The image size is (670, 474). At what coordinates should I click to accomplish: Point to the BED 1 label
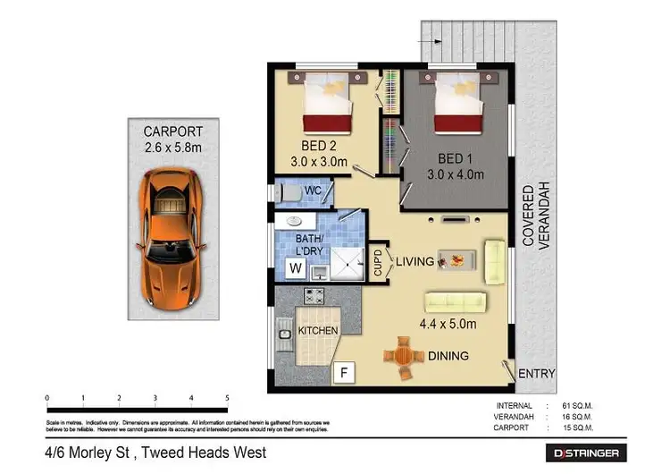pos(455,159)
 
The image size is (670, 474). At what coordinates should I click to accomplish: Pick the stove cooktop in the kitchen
pos(314,294)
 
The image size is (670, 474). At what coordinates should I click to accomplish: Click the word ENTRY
pos(536,374)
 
